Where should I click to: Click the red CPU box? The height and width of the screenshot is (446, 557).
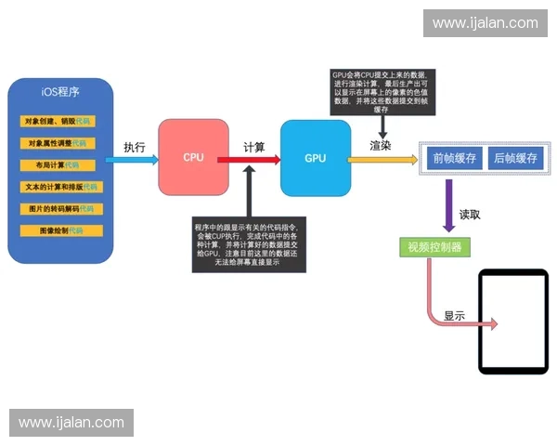pos(193,157)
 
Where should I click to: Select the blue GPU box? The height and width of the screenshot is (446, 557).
pos(316,158)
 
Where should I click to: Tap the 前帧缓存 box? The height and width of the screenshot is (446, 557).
pos(455,158)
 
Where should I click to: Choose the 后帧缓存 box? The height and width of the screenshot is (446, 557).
pos(515,158)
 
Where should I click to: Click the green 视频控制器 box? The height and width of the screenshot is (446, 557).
pos(433,247)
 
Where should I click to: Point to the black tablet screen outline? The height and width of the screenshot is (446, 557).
pos(512,322)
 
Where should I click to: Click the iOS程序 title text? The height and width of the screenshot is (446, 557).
pos(60,92)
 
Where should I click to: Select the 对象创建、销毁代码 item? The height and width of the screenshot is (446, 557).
pos(58,122)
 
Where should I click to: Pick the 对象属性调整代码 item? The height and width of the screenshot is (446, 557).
pos(58,144)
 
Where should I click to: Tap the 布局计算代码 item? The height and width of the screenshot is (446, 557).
pos(58,165)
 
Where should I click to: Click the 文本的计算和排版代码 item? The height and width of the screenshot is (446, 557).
pos(59,187)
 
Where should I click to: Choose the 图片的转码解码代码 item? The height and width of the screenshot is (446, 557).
pos(59,209)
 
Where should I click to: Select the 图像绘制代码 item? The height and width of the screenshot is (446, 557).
pos(58,230)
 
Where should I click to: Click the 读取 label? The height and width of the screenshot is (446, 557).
pos(470,215)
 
